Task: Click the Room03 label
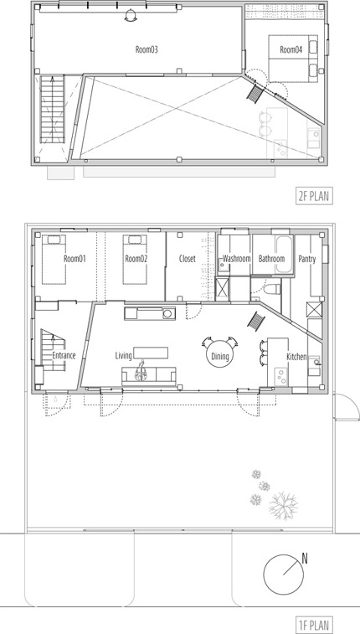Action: pyautogui.click(x=147, y=49)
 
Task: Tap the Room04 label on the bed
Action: pyautogui.click(x=291, y=49)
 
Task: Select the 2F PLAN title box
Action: pyautogui.click(x=314, y=197)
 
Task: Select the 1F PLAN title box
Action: pyautogui.click(x=314, y=623)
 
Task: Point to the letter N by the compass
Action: pyautogui.click(x=305, y=559)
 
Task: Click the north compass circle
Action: pyautogui.click(x=283, y=575)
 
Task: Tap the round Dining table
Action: pyautogui.click(x=220, y=356)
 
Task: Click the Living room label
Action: pyautogui.click(x=123, y=356)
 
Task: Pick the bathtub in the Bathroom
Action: pyautogui.click(x=285, y=254)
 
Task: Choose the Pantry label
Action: pyautogui.click(x=307, y=259)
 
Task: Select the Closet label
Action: pyautogui.click(x=187, y=259)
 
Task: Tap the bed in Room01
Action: pyautogui.click(x=54, y=259)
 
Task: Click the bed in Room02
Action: pyautogui.click(x=135, y=259)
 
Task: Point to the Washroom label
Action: pyautogui.click(x=237, y=259)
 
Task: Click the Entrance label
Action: pyautogui.click(x=64, y=356)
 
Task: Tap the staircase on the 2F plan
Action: pyautogui.click(x=52, y=108)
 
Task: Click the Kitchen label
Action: pyautogui.click(x=296, y=357)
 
